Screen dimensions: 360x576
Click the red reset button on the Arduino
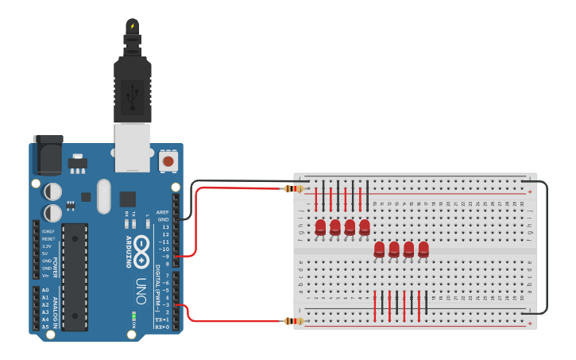coord(168,161)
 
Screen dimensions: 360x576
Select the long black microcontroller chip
coord(75,277)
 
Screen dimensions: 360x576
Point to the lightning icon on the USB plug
coord(133,26)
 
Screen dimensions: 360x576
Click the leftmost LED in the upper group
coord(320,227)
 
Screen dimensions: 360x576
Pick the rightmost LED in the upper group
coord(365,227)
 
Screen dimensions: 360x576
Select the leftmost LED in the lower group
coord(379,250)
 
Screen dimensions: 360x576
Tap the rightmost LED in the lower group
coord(423,250)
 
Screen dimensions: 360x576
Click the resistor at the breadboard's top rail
coord(295,188)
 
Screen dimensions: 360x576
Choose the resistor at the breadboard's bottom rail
coord(295,321)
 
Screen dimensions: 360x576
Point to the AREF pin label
coord(163,212)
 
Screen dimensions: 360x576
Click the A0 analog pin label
coord(45,290)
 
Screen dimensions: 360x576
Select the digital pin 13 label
coord(165,227)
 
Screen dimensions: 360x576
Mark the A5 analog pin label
coord(45,327)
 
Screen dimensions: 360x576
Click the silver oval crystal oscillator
coord(103,196)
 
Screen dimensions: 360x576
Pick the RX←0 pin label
coord(162,327)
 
